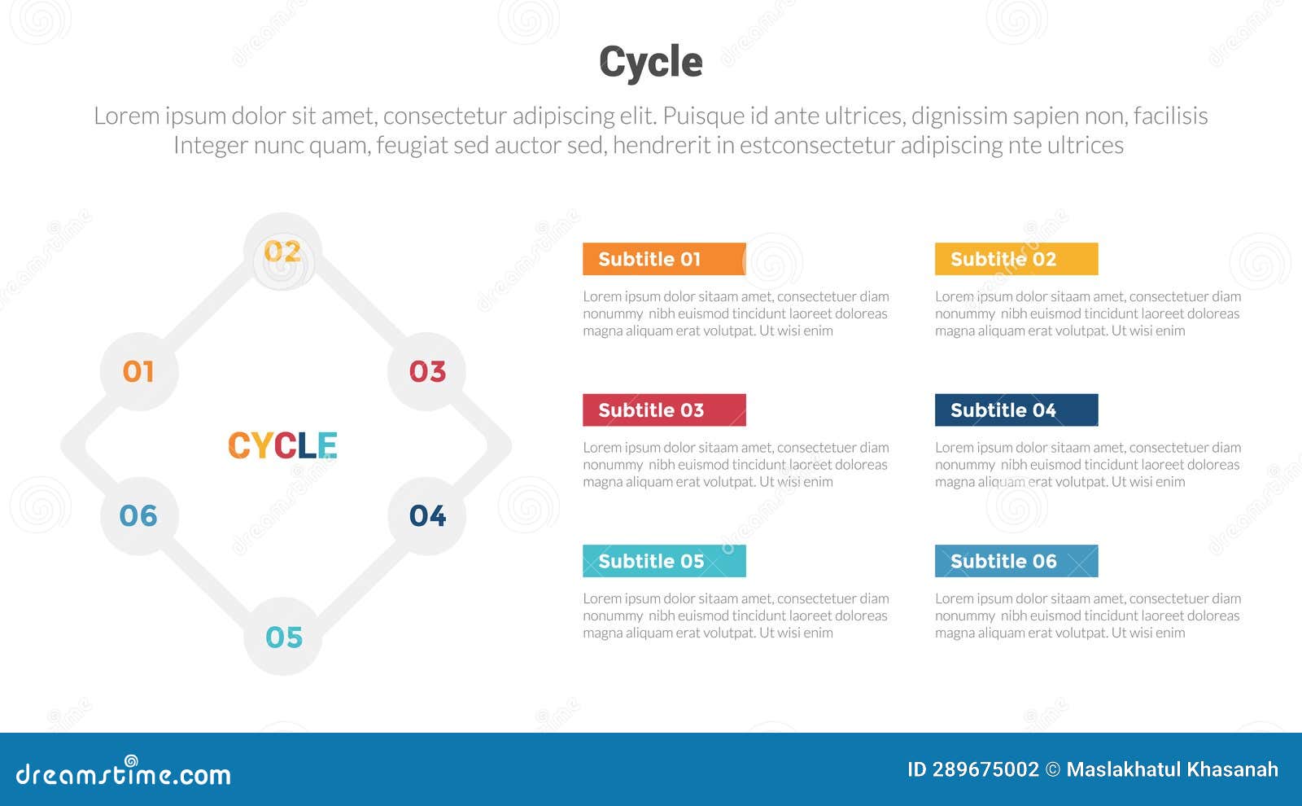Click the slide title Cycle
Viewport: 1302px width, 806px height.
[650, 62]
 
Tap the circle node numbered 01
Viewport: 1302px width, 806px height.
[138, 371]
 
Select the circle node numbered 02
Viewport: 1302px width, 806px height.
[282, 252]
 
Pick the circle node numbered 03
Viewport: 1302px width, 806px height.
[427, 371]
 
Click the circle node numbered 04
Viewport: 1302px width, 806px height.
[427, 515]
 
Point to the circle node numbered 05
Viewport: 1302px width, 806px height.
[283, 637]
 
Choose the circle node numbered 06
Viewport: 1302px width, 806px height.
[138, 515]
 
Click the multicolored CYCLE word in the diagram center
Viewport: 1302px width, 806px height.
[282, 445]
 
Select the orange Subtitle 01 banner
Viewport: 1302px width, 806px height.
[663, 259]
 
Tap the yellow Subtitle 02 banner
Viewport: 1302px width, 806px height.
[1016, 259]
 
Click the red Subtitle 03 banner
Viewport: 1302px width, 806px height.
[663, 410]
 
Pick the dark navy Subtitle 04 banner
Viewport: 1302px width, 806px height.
[1016, 410]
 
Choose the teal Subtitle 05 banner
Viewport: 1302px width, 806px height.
[663, 561]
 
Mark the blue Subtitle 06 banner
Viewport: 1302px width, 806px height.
[1016, 561]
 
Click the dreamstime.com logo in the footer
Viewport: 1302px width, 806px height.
[123, 773]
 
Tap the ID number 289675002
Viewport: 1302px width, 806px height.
[985, 769]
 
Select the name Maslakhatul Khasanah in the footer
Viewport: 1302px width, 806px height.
[1172, 769]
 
